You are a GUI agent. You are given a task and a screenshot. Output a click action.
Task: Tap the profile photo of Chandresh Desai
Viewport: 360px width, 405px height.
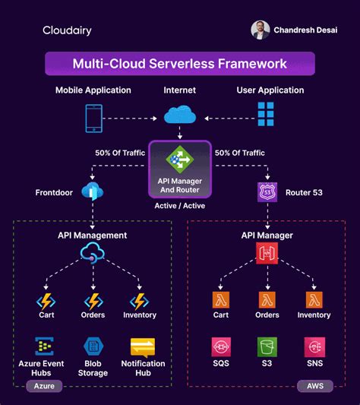click(261, 30)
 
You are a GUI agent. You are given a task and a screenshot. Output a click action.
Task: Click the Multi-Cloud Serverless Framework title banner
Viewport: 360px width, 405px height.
click(179, 64)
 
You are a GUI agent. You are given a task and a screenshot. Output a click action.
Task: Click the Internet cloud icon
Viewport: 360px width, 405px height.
click(179, 116)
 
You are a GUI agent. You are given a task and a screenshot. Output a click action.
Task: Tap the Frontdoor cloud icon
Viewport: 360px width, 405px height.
click(93, 191)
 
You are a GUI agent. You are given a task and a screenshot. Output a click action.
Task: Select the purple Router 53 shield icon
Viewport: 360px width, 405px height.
click(267, 192)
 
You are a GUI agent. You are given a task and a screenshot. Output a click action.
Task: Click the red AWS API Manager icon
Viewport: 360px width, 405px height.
click(267, 254)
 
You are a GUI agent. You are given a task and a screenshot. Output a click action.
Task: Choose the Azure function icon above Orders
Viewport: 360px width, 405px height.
click(93, 301)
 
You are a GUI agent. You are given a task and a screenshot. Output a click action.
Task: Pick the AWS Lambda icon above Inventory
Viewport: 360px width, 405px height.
click(314, 300)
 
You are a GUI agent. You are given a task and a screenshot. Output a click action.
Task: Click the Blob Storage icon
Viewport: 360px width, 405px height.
click(93, 348)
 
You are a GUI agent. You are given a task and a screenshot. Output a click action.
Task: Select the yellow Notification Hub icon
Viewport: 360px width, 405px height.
click(142, 348)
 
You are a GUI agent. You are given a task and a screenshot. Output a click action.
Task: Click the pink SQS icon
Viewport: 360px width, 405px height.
click(221, 348)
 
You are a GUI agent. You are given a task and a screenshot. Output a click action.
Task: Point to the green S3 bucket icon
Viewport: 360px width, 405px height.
click(267, 348)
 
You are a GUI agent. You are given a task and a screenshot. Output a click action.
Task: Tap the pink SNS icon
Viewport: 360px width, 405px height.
click(314, 348)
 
